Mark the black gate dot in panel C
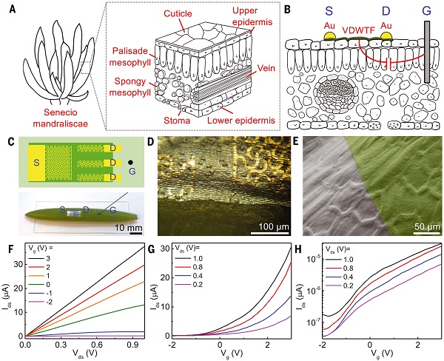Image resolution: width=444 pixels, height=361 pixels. tap(130, 159)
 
